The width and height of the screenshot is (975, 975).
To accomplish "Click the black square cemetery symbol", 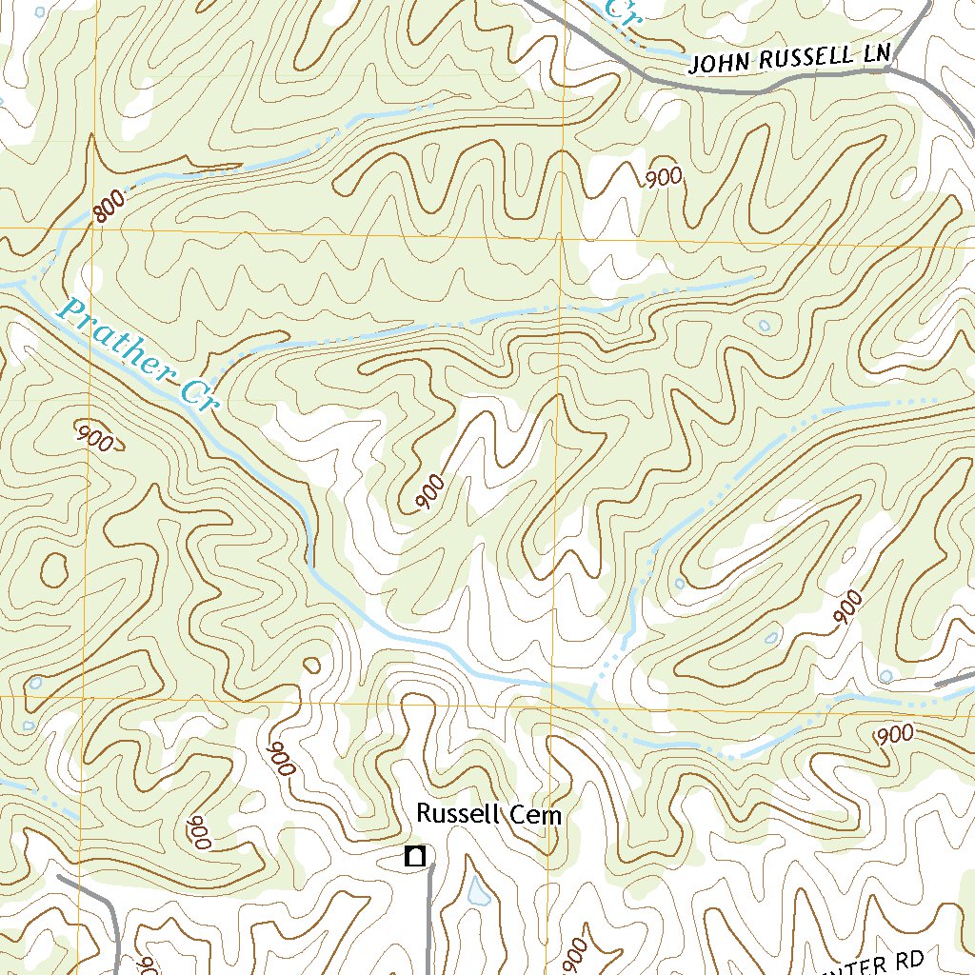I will pyautogui.click(x=413, y=857).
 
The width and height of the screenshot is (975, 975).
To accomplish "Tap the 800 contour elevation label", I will pyautogui.click(x=110, y=208).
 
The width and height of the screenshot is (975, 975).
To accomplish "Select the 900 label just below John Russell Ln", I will pyautogui.click(x=664, y=177).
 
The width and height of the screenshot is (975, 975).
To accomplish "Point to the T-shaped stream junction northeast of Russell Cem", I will pyautogui.click(x=590, y=700).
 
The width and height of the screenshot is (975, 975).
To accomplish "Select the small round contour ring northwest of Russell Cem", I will pyautogui.click(x=311, y=664).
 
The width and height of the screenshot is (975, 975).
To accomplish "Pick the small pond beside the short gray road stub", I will pyautogui.click(x=885, y=676).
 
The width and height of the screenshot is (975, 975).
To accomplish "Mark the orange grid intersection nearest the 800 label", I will pyautogui.click(x=91, y=230).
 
